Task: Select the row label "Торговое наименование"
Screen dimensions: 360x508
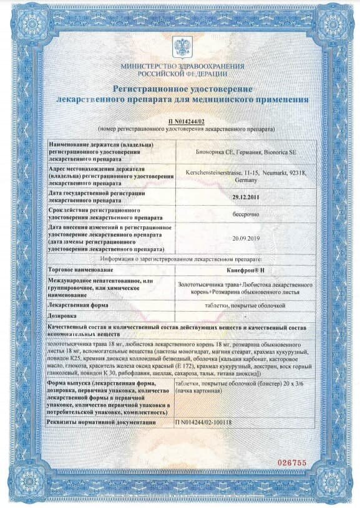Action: click(81, 269)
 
